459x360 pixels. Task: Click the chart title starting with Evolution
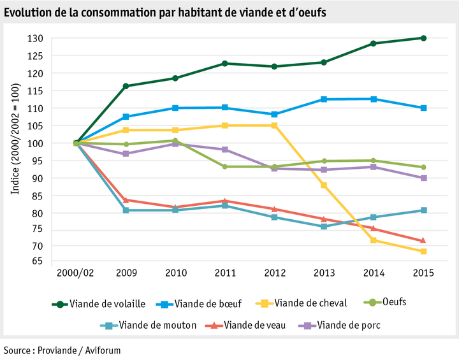(165, 12)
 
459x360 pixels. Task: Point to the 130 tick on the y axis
(35, 38)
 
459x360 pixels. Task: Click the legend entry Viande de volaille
(108, 303)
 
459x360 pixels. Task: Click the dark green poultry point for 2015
(423, 38)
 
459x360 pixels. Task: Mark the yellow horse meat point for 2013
(324, 185)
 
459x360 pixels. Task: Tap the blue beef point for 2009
(126, 117)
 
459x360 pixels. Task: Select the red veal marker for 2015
(423, 240)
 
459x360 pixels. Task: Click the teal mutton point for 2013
(324, 226)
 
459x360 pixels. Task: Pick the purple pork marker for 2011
(225, 150)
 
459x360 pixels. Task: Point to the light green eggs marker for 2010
(175, 141)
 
